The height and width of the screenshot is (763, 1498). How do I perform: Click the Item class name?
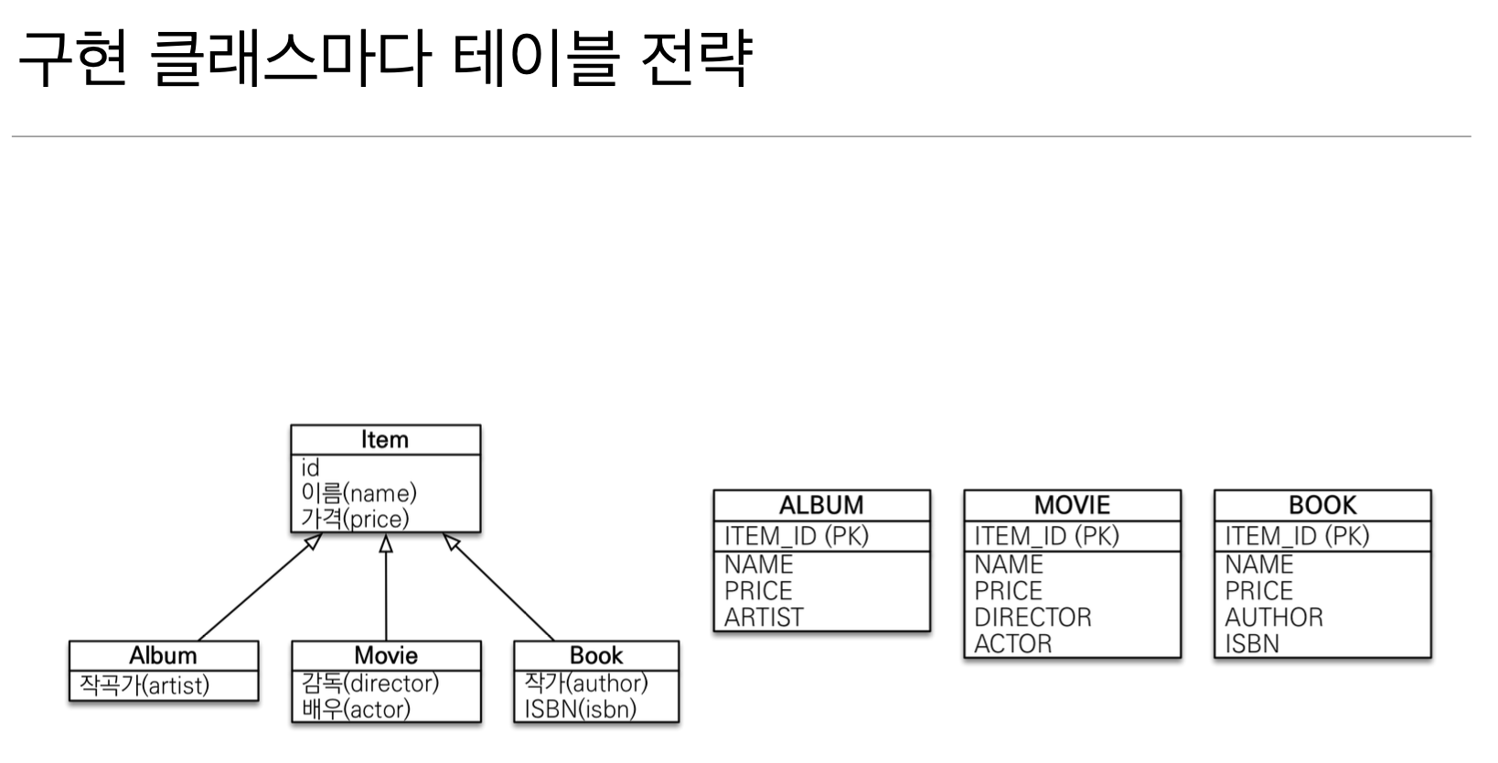(x=384, y=440)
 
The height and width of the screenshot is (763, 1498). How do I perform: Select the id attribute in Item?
(x=311, y=468)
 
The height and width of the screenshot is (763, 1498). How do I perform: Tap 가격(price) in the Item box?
(x=355, y=519)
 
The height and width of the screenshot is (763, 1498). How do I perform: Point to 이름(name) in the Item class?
(x=358, y=494)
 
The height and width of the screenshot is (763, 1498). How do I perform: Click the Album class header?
(x=163, y=656)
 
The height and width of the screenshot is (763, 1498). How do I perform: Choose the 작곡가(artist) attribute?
(x=144, y=685)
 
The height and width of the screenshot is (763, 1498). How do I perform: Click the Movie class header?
(x=386, y=656)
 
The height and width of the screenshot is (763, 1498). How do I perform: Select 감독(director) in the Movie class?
(x=370, y=683)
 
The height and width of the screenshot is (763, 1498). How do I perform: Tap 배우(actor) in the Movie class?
(x=356, y=709)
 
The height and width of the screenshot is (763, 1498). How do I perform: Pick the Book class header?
(x=596, y=656)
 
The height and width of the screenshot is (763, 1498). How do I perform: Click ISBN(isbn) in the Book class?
(x=581, y=709)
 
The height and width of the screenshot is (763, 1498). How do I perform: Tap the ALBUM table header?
(x=821, y=505)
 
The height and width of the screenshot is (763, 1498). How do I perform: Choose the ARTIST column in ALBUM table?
(x=764, y=618)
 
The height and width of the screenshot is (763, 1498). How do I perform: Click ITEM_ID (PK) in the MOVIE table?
(x=1046, y=536)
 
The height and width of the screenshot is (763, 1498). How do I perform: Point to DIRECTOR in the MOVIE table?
(x=1033, y=618)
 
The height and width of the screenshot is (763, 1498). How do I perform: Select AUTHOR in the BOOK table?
(x=1274, y=618)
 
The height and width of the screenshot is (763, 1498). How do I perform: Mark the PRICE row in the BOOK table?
(x=1258, y=591)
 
